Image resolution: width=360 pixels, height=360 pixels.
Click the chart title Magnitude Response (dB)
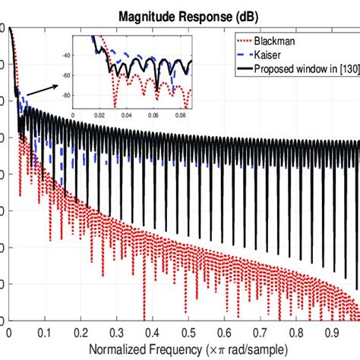(x=180, y=14)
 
